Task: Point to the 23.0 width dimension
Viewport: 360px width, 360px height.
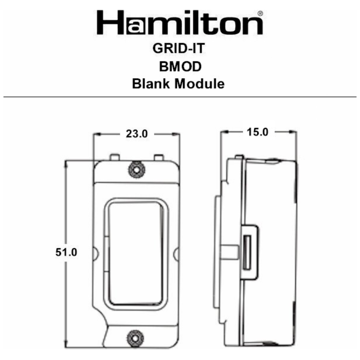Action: (137, 134)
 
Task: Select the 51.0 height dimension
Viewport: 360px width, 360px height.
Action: (66, 252)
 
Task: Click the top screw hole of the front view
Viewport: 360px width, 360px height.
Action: (136, 169)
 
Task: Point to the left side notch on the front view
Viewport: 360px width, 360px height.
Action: (95, 253)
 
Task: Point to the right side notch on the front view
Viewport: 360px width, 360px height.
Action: (177, 253)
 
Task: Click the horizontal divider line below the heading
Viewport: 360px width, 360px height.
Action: (180, 97)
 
